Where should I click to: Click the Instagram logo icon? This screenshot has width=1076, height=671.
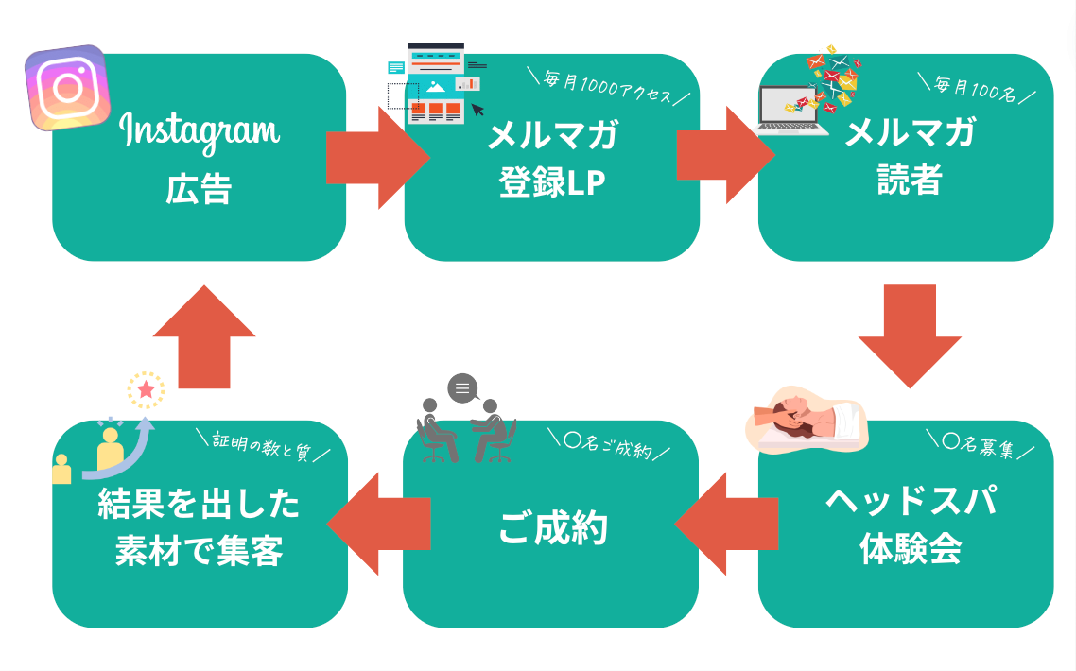[x=66, y=87]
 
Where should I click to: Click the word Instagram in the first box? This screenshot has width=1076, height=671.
[x=200, y=134]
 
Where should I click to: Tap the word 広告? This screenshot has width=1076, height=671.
[x=199, y=189]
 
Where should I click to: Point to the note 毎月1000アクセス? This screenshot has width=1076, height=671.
[x=606, y=89]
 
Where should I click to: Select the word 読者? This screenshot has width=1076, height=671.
[x=908, y=180]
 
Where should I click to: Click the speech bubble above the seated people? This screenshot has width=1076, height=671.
[x=462, y=388]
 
